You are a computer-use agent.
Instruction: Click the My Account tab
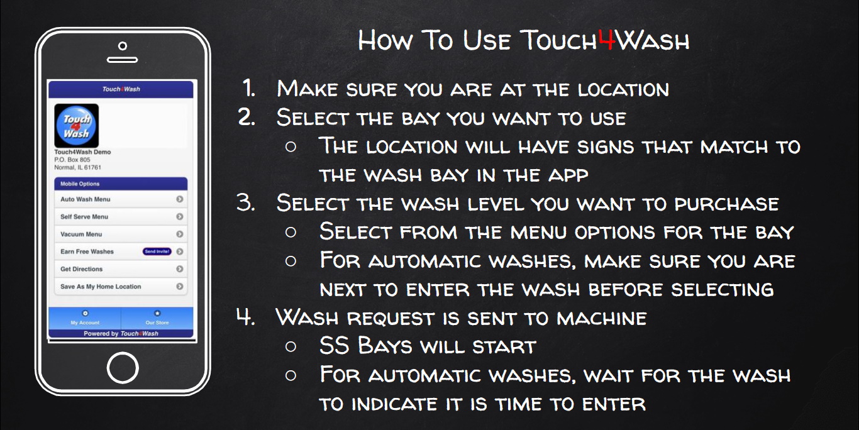tap(85, 317)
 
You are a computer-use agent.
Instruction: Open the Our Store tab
tap(157, 317)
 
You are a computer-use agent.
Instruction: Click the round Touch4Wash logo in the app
tap(76, 126)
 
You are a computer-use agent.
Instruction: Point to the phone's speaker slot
tap(122, 60)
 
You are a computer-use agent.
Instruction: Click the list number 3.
tap(245, 203)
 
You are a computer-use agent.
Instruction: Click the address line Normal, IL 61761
tap(77, 168)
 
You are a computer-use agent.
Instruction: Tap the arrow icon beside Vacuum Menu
tap(180, 234)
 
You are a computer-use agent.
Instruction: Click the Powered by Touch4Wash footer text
tap(121, 334)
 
